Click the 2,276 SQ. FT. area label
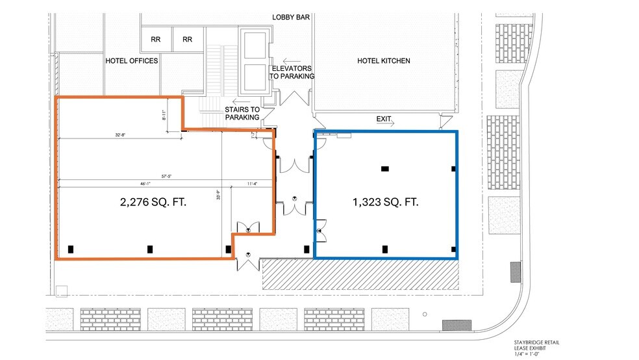point(153,202)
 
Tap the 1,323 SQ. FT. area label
point(385,202)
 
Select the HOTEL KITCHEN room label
point(384,61)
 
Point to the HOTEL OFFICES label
point(132,61)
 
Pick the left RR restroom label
point(156,40)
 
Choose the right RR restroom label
point(188,40)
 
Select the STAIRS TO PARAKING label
point(242,113)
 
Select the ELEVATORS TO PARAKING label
point(292,72)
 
